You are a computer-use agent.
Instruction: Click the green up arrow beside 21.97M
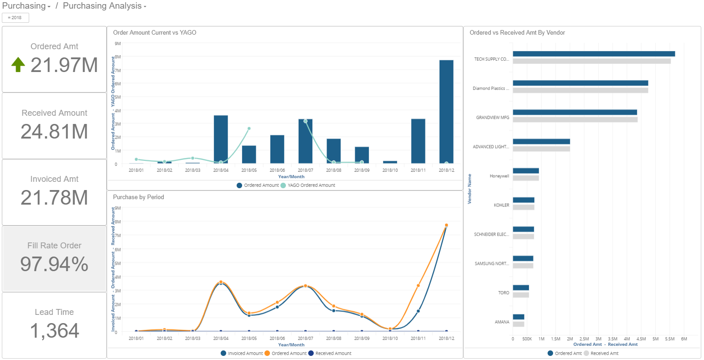point(18,65)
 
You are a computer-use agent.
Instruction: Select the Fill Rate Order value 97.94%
point(54,264)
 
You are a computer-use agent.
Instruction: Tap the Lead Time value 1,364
point(54,331)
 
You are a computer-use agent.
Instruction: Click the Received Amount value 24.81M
point(54,132)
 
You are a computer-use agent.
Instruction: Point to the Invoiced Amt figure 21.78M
point(54,198)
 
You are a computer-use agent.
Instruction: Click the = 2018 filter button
point(15,18)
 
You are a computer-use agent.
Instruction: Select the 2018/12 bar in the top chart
point(446,112)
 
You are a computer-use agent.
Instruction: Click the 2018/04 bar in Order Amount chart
point(221,139)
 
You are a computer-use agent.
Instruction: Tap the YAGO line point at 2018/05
point(249,129)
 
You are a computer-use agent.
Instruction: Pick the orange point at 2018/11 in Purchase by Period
point(418,286)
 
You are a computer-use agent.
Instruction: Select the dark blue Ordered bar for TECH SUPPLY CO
point(593,54)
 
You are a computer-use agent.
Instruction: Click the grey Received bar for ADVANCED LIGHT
point(541,149)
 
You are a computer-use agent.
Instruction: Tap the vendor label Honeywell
point(499,176)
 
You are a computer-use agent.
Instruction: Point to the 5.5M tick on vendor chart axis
point(669,339)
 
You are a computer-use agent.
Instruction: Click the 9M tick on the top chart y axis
point(118,44)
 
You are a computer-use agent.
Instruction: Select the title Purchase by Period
point(139,197)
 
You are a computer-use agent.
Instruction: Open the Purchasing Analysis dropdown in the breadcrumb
point(105,6)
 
